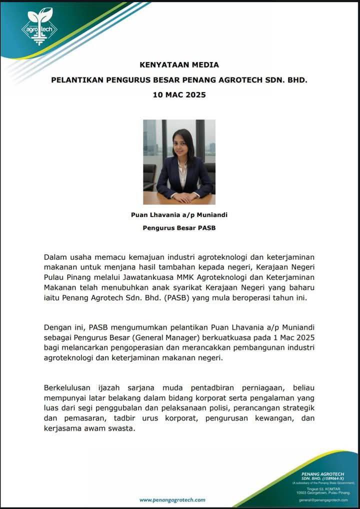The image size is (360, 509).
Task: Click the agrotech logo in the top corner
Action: tap(39, 26)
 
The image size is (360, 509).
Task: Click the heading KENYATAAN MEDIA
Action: tap(179, 65)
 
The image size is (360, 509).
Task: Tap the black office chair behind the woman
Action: tap(150, 175)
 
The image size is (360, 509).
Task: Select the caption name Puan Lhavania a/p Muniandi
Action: tap(179, 215)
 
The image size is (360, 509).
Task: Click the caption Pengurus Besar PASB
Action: tap(179, 229)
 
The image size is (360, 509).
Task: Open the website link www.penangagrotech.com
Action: tap(172, 499)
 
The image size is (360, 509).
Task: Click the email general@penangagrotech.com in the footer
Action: tap(323, 499)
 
